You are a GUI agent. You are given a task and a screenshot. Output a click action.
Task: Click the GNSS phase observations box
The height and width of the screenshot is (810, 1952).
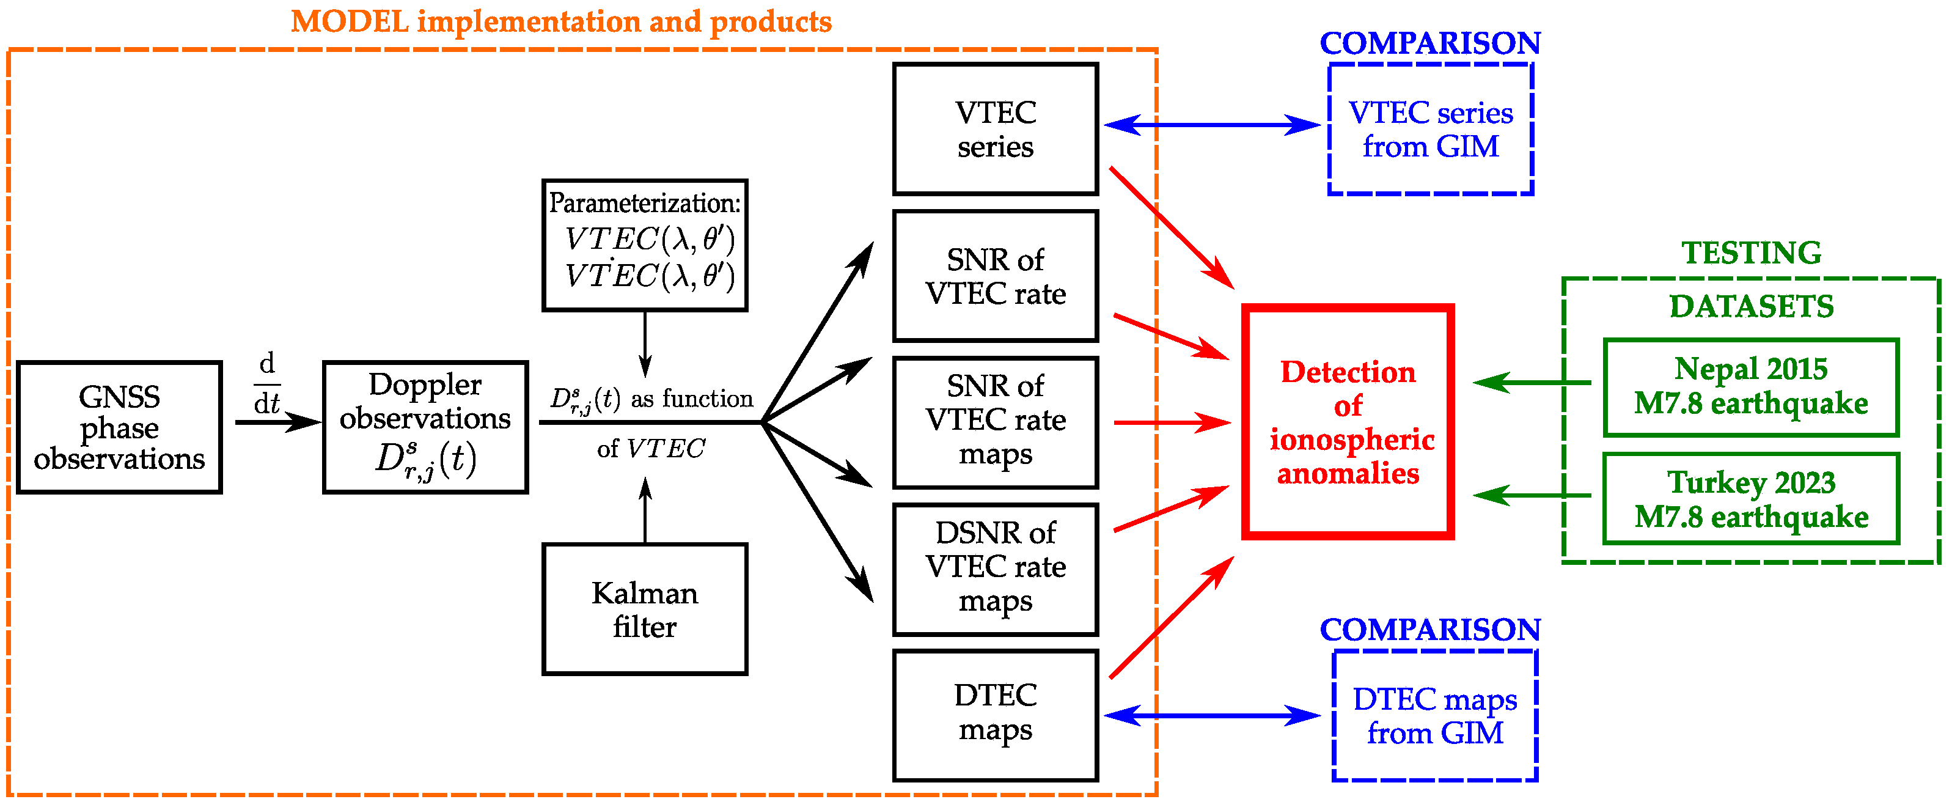(119, 427)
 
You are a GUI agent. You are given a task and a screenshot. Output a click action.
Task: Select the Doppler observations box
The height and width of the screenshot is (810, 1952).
(425, 427)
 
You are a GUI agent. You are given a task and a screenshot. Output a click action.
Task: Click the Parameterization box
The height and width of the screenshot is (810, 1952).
(645, 245)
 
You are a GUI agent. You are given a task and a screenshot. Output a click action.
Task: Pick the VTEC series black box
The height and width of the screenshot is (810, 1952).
(995, 129)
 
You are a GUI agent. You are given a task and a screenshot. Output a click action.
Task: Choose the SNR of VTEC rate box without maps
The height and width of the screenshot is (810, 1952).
(995, 276)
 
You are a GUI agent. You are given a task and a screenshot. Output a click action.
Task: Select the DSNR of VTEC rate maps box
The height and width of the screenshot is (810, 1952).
(995, 569)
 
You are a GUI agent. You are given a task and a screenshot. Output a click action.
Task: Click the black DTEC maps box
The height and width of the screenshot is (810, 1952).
(995, 715)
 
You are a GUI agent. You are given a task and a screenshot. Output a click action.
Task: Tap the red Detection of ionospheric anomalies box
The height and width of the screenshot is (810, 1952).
(1348, 422)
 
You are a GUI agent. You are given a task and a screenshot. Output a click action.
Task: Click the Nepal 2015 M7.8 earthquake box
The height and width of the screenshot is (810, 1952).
(1750, 387)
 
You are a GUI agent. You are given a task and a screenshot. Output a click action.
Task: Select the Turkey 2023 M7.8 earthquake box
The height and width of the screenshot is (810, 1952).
(1750, 499)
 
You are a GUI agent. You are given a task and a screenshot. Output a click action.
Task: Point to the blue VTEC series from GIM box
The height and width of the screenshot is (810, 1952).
(1430, 129)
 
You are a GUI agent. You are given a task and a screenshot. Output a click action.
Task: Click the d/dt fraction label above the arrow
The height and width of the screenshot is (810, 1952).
(266, 383)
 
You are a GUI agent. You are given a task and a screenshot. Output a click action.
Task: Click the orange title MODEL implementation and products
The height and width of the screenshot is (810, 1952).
(561, 21)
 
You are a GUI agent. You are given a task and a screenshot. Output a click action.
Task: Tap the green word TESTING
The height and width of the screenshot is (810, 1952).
(1751, 252)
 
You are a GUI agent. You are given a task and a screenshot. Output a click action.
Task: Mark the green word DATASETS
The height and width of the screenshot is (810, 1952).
(1751, 306)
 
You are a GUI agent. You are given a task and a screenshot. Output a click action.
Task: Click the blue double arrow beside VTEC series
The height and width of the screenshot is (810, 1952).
(1213, 125)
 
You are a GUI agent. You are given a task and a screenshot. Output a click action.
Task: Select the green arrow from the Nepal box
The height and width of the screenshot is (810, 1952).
(1531, 383)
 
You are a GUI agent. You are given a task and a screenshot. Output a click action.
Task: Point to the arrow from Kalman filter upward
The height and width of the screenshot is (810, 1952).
(645, 509)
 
